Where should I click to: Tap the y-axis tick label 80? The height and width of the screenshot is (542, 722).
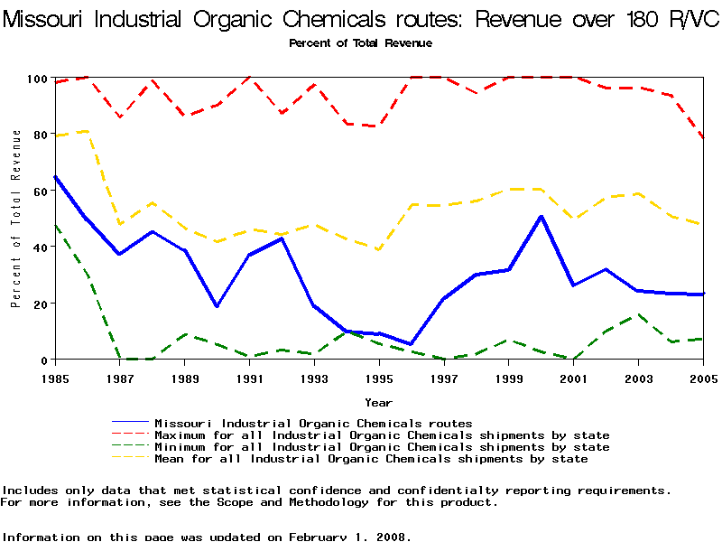pos(36,135)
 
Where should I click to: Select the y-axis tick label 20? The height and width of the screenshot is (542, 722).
pos(36,304)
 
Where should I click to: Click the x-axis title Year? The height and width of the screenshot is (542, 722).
pos(378,402)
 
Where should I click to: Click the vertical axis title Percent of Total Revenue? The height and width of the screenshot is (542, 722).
pos(16,218)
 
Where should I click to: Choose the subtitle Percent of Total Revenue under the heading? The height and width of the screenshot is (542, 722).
pos(360,43)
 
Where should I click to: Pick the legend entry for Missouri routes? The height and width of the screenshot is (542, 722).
pos(313,423)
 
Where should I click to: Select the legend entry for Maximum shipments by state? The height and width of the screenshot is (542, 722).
pos(382,435)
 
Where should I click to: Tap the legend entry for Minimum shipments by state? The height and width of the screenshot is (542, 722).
pos(382,447)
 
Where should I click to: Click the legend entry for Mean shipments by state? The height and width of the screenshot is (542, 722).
pos(371,459)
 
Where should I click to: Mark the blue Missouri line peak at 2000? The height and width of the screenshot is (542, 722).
pos(541,217)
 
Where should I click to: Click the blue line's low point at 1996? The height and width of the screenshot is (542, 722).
pos(412,344)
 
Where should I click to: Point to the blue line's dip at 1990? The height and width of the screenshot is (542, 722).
pos(217,306)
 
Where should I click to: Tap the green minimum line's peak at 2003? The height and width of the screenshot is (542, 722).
pos(638,314)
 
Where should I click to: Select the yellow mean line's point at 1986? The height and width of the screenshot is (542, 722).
pos(87,131)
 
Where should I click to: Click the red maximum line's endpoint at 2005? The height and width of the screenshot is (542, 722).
pos(703,138)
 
